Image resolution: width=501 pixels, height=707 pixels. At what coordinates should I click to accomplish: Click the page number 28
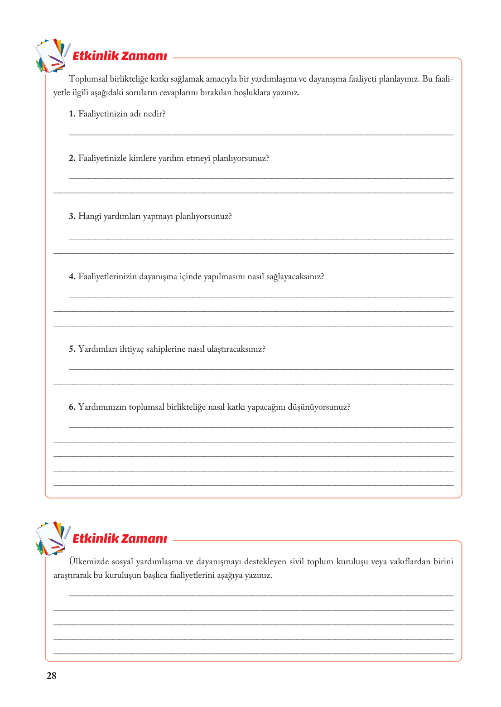[51, 676]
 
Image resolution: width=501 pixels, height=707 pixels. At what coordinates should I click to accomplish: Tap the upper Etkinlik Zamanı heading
[120, 56]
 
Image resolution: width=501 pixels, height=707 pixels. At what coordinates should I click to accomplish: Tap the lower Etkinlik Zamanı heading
[120, 539]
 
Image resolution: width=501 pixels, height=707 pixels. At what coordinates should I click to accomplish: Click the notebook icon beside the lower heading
[52, 539]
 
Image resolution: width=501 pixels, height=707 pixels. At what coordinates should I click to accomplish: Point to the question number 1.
[72, 114]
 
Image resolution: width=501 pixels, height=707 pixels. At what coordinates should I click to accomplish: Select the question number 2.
[72, 159]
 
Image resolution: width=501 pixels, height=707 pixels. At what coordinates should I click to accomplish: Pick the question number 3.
[72, 217]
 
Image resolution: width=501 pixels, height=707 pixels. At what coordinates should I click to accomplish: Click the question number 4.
[72, 277]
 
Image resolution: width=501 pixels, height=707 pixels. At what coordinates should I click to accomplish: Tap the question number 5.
[72, 349]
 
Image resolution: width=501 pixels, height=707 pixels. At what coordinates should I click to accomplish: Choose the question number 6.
[72, 407]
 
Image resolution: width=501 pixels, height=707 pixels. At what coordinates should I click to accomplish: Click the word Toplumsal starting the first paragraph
[87, 79]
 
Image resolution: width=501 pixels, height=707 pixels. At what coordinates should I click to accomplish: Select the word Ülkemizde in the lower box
[89, 562]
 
